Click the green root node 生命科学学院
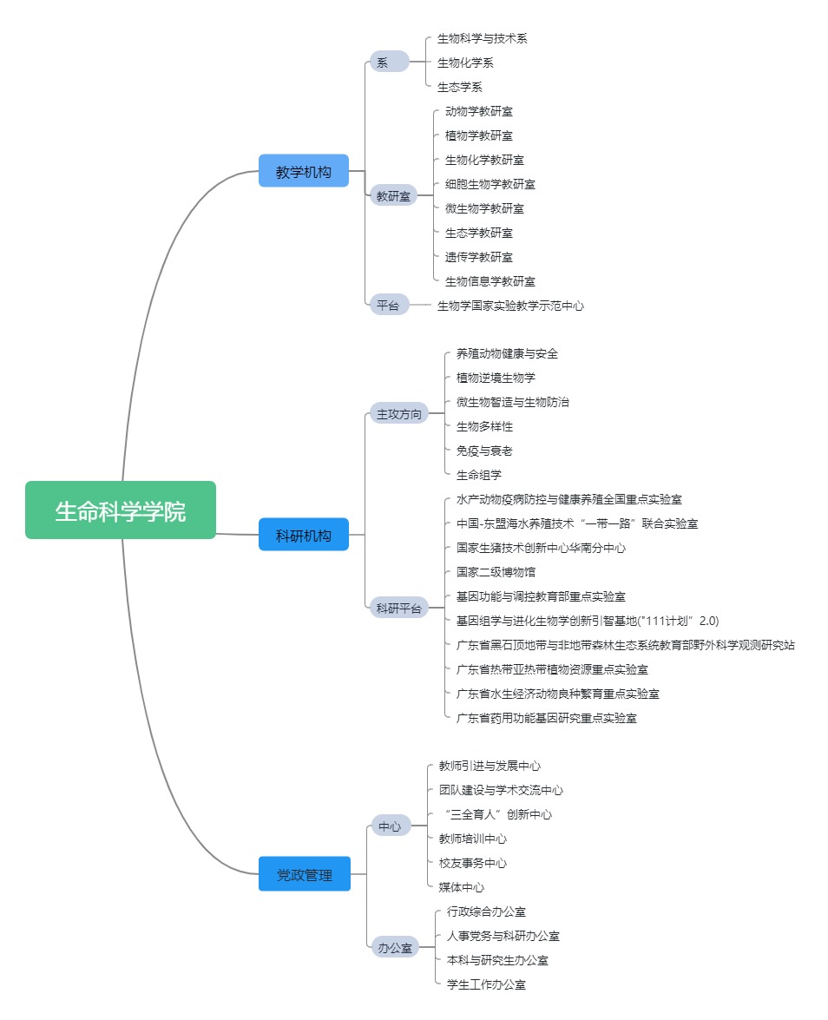120,510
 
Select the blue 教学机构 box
303,172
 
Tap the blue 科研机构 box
303,535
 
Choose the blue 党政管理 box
304,874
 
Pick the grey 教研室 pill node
393,196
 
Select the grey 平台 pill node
389,305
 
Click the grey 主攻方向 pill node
398,413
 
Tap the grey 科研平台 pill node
398,608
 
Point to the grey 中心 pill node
389,826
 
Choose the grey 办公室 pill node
394,948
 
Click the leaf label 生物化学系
465,63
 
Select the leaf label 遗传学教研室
478,257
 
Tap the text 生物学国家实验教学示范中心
510,306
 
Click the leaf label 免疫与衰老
483,451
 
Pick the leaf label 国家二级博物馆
496,572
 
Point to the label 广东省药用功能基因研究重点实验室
546,718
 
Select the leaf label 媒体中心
461,887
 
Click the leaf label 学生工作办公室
485,984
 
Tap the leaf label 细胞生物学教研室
490,184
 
